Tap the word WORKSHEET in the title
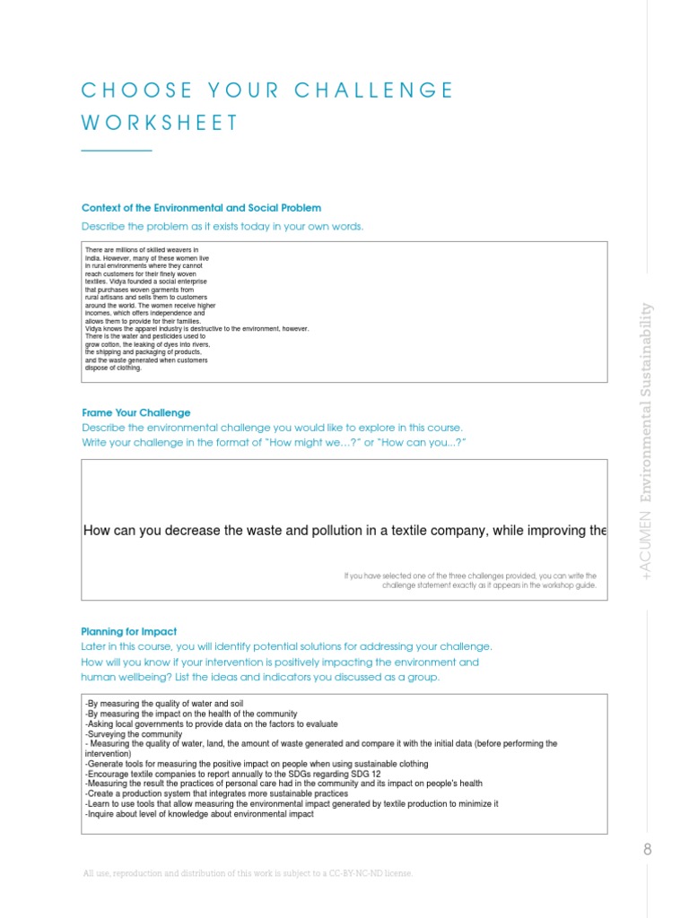pos(161,124)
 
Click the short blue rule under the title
pos(117,151)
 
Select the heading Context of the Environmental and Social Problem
pos(201,208)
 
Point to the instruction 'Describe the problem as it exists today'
pos(222,226)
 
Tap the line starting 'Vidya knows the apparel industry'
pos(196,329)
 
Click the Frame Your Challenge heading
pos(135,412)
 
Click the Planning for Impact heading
pos(129,631)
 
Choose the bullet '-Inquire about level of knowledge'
pos(198,814)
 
